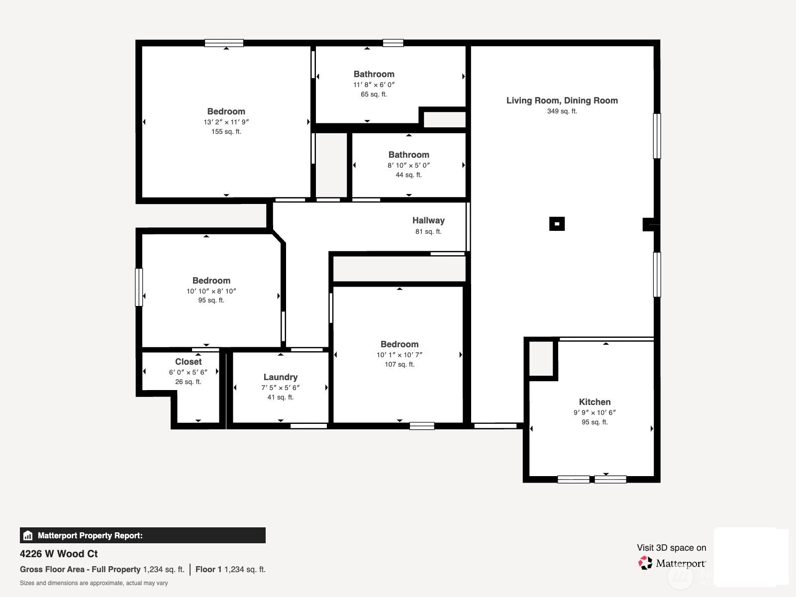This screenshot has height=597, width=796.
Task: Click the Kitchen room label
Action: pyautogui.click(x=595, y=402)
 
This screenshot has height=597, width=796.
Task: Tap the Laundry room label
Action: pyautogui.click(x=280, y=377)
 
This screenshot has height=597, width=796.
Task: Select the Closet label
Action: pyautogui.click(x=188, y=361)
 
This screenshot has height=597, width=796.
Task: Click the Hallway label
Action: pyautogui.click(x=428, y=220)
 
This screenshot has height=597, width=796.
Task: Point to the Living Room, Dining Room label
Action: pyautogui.click(x=562, y=100)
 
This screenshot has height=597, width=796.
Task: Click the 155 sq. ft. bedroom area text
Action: pyautogui.click(x=226, y=131)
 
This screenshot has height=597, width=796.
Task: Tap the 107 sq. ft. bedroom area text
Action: pyautogui.click(x=399, y=364)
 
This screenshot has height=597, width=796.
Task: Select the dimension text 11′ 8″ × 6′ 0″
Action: pyautogui.click(x=374, y=85)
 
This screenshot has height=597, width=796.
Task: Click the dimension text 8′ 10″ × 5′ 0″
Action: pyautogui.click(x=409, y=165)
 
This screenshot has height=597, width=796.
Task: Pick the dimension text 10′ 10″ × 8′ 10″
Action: pyautogui.click(x=211, y=291)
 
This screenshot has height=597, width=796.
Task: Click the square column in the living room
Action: pyautogui.click(x=557, y=224)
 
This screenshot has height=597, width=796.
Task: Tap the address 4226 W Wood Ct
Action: pyautogui.click(x=59, y=554)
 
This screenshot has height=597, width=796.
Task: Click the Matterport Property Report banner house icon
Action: pyautogui.click(x=28, y=535)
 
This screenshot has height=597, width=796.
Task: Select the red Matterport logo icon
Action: pyautogui.click(x=645, y=563)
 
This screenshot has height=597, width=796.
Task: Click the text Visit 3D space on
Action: pyautogui.click(x=672, y=548)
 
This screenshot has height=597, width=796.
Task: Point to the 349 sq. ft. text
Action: pyautogui.click(x=562, y=111)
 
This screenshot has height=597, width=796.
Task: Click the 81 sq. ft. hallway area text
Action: pyautogui.click(x=428, y=232)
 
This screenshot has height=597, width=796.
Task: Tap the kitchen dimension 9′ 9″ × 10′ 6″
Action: pyautogui.click(x=595, y=412)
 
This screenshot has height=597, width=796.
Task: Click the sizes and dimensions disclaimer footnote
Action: pyautogui.click(x=94, y=583)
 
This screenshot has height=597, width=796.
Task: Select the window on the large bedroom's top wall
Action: pyautogui.click(x=224, y=43)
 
